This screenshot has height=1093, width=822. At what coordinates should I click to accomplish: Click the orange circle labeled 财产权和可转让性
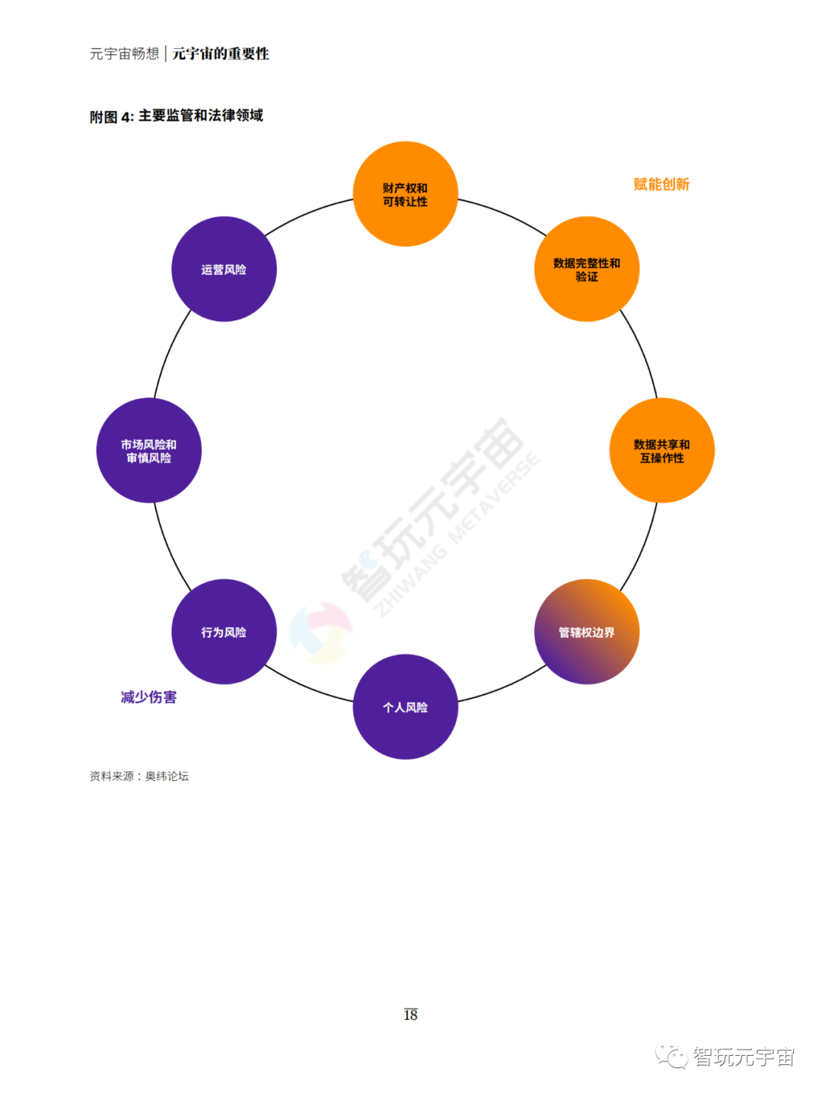[x=405, y=194]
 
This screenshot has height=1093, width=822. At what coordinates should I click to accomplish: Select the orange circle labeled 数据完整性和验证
[x=586, y=269]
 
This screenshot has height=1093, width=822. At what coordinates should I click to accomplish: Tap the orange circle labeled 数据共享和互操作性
[x=661, y=451]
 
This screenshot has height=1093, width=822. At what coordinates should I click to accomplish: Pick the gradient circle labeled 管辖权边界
[x=586, y=632]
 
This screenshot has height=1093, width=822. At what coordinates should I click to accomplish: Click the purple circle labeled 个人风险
[x=405, y=707]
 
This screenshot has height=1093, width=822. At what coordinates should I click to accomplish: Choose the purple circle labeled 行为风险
[x=224, y=632]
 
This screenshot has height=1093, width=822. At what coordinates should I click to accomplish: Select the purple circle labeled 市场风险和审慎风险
[x=148, y=451]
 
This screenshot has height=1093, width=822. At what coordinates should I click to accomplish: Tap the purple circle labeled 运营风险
[x=224, y=269]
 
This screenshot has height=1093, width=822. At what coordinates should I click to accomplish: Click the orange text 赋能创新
[x=661, y=184]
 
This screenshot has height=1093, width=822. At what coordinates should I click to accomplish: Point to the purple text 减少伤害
[x=148, y=697]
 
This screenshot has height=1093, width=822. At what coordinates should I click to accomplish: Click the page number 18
[x=410, y=1015]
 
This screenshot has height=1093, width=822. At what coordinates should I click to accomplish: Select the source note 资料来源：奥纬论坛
[x=139, y=776]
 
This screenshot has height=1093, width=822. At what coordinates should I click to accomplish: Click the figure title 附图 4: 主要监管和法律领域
[x=177, y=116]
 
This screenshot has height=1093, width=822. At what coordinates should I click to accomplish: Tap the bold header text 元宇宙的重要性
[x=221, y=54]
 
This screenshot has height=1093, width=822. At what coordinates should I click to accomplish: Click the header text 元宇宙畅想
[x=124, y=54]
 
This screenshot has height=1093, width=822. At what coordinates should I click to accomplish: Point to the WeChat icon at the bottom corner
[x=671, y=1056]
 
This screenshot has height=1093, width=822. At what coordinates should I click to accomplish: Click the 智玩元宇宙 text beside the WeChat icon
[x=744, y=1057]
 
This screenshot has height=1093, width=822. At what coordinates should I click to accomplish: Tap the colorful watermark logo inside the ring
[x=321, y=633]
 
